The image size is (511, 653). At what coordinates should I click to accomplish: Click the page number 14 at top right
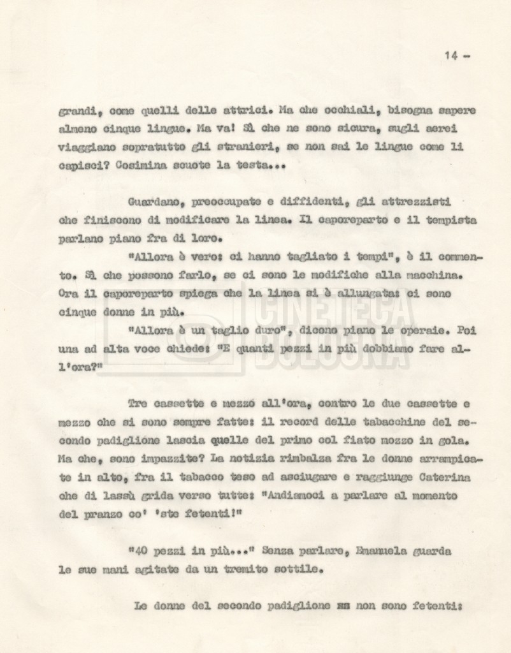point(450,55)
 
